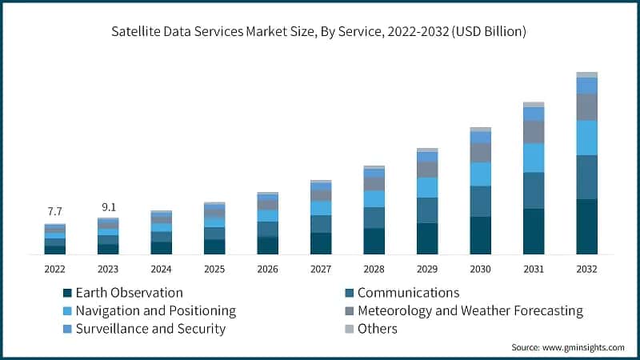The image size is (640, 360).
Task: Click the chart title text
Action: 320,32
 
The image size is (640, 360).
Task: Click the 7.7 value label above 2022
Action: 54,211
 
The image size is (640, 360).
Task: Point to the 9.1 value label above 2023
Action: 108,207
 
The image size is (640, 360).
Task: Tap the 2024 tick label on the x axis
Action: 161,269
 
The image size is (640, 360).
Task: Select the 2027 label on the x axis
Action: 321,269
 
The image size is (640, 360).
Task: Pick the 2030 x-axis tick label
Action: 480,269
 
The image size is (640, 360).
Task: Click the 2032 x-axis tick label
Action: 586,269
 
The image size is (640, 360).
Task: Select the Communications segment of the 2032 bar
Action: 586,177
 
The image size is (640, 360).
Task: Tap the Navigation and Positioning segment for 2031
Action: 534,158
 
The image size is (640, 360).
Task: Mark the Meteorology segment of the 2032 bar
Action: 586,106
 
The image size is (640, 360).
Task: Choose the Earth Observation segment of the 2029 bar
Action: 427,238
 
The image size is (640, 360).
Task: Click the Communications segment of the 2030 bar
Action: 480,201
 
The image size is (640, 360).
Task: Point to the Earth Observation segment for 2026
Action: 267,246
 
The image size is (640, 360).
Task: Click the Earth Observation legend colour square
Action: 68,293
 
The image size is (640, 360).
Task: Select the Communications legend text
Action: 408,293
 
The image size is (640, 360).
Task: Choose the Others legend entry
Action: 377,328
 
